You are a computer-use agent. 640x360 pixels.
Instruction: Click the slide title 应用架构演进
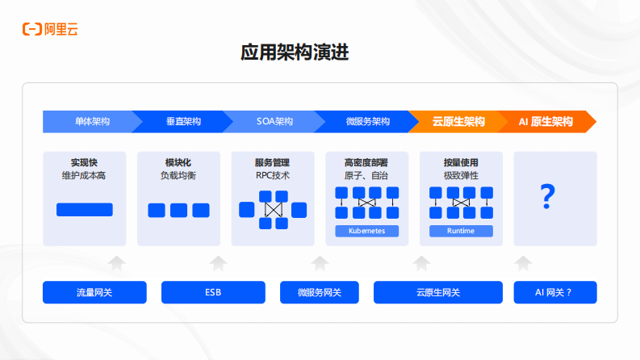295,53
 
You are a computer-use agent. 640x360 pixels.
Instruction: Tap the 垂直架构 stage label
183,122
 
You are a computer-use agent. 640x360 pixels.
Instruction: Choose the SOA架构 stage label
274,122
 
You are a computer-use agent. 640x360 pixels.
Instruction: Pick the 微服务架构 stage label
367,122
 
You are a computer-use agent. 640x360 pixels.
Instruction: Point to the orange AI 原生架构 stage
546,122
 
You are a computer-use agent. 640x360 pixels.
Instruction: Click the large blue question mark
548,195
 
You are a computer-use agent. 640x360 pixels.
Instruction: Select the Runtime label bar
461,231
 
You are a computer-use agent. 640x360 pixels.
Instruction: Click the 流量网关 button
94,292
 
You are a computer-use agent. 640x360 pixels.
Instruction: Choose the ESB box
213,292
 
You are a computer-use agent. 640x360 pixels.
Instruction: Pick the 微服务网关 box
319,292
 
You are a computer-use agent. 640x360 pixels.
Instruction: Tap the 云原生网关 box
437,292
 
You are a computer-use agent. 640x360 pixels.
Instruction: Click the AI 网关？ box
554,292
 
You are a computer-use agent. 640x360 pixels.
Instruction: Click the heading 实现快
84,162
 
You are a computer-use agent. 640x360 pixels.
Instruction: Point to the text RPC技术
272,175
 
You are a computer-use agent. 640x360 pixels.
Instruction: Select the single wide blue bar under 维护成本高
84,210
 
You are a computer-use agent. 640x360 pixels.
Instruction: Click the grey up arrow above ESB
218,263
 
